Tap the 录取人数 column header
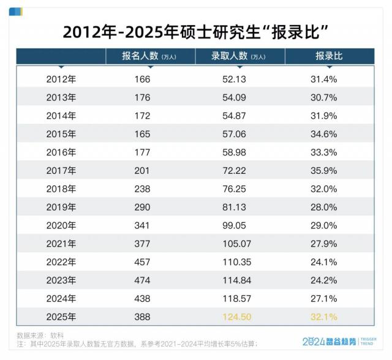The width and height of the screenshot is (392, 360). click(x=238, y=56)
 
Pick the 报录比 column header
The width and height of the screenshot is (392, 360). click(x=329, y=56)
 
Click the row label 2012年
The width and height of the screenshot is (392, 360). click(x=61, y=79)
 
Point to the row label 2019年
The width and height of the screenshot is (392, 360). click(x=61, y=208)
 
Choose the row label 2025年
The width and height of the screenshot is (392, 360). click(x=61, y=318)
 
